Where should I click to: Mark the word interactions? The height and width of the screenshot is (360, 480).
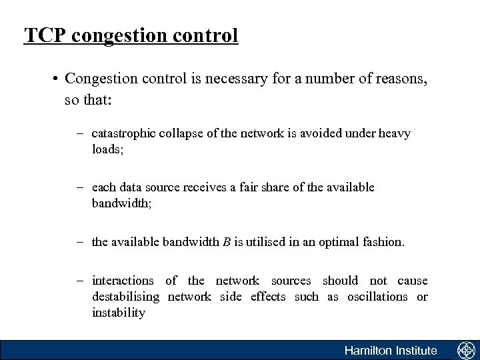pyautogui.click(x=123, y=281)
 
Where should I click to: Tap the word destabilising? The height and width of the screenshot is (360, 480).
pyautogui.click(x=126, y=297)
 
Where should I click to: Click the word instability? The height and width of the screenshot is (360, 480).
pyautogui.click(x=118, y=312)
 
